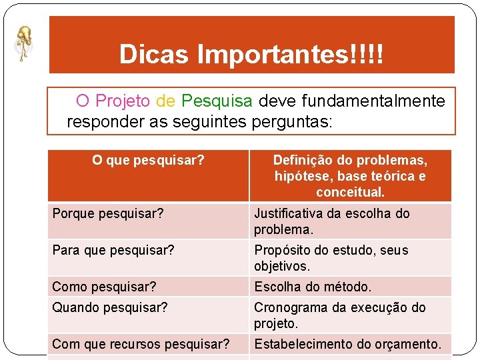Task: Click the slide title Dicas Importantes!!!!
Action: click(x=251, y=54)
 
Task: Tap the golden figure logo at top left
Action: click(x=24, y=43)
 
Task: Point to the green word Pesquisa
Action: click(x=217, y=101)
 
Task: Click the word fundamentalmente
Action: click(x=351, y=101)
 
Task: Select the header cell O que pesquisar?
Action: click(x=148, y=160)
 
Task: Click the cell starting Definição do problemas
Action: click(x=350, y=176)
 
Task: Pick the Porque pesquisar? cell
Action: click(x=108, y=214)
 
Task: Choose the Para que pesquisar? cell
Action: click(x=113, y=251)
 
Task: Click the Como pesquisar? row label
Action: click(x=104, y=287)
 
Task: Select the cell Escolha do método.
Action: click(x=313, y=287)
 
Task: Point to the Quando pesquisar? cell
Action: click(x=110, y=307)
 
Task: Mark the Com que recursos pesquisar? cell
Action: click(x=141, y=344)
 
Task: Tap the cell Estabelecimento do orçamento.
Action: click(x=347, y=344)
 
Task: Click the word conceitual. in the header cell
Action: click(x=350, y=193)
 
